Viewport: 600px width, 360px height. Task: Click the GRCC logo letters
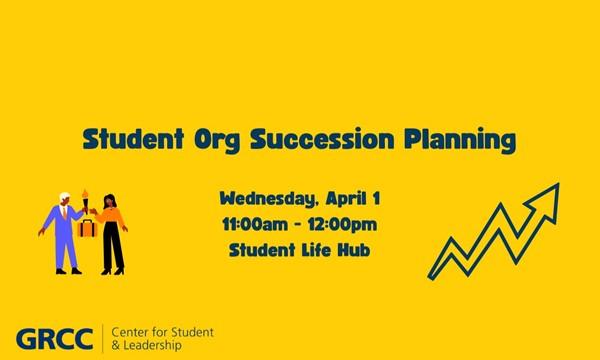[54, 338]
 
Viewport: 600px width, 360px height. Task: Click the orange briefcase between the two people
[87, 231]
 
